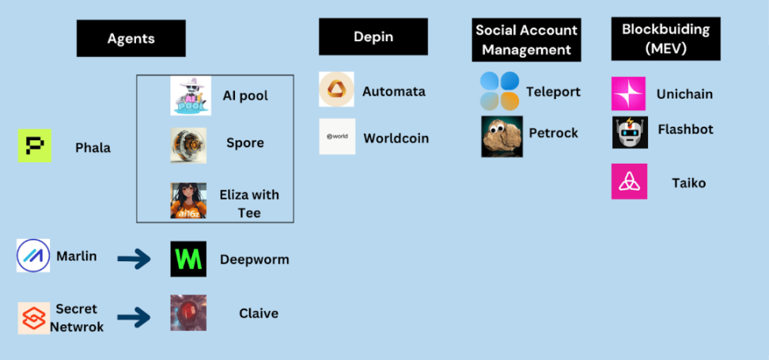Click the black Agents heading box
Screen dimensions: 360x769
[x=131, y=38]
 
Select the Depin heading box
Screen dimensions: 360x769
[x=373, y=37]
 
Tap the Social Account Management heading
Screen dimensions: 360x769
[x=526, y=40]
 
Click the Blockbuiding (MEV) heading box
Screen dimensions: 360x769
[x=665, y=38]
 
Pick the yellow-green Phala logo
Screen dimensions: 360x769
[x=34, y=146]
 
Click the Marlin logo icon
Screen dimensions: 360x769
[x=33, y=256]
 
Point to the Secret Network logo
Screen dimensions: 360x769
[x=35, y=318]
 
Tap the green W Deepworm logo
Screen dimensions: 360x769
[x=188, y=259]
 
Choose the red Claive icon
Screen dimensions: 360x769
[x=188, y=313]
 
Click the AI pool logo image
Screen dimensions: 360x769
[x=190, y=96]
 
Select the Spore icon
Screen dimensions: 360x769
[x=188, y=145]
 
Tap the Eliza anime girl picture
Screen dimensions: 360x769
[x=188, y=200]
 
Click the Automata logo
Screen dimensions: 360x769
[x=337, y=89]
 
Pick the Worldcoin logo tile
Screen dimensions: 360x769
[x=337, y=137]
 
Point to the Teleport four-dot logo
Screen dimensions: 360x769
[x=500, y=91]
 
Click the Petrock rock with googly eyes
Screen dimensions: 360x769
[x=502, y=136]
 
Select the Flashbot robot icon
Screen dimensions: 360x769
[x=630, y=132]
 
